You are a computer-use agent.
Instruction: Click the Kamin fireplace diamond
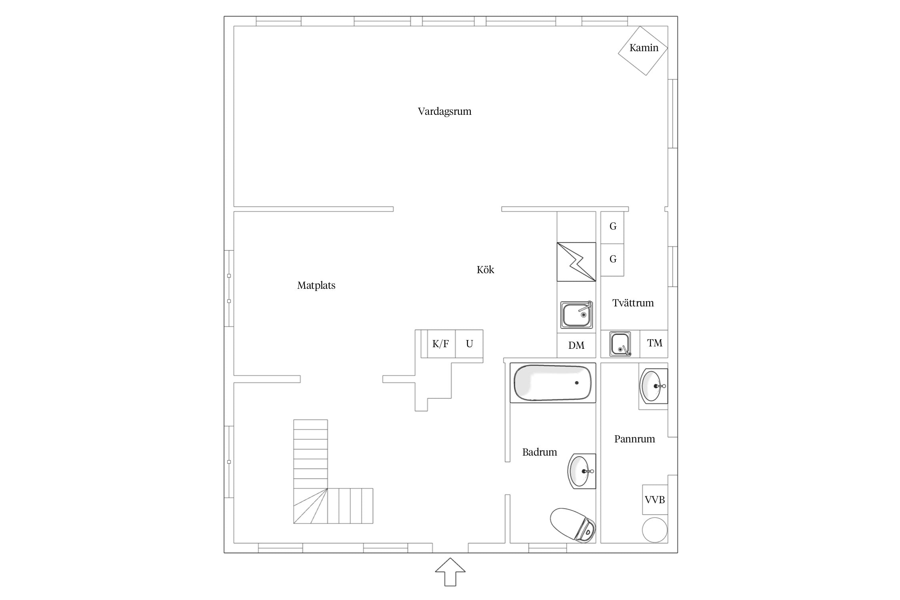tap(643, 50)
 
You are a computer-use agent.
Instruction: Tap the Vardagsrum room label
tap(444, 111)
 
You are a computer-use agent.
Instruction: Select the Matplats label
tap(316, 285)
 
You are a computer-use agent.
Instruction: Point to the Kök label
tap(485, 270)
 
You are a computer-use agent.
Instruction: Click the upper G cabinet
tap(612, 227)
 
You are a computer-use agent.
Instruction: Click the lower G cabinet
tap(612, 260)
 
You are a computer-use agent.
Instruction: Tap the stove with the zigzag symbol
tap(576, 262)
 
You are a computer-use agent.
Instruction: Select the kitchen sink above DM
tap(576, 315)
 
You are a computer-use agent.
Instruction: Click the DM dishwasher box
tap(576, 345)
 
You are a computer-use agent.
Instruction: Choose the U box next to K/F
tap(469, 344)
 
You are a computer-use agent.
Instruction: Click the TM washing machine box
tap(654, 343)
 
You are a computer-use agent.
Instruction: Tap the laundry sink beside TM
tap(620, 344)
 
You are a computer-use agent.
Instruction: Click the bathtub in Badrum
tap(553, 383)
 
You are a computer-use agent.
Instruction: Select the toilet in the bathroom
tap(573, 525)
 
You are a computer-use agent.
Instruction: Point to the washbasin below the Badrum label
tap(582, 471)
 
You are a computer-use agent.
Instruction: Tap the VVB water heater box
tap(655, 500)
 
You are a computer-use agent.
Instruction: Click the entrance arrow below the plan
tap(450, 572)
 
